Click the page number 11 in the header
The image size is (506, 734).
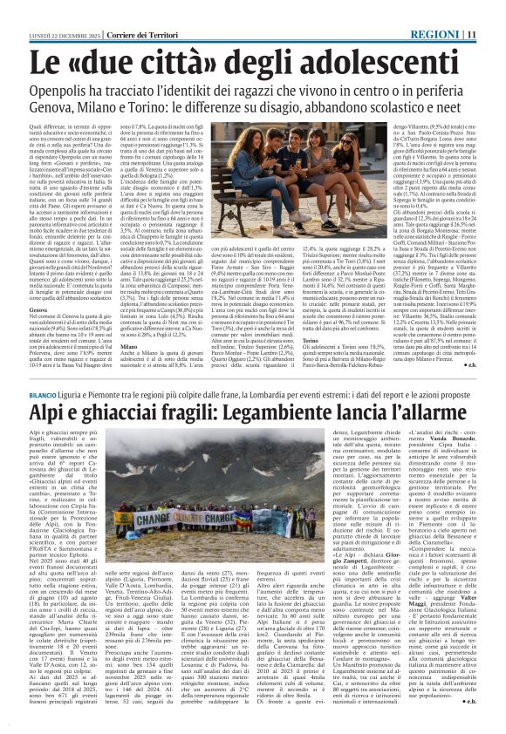click(495, 10)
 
